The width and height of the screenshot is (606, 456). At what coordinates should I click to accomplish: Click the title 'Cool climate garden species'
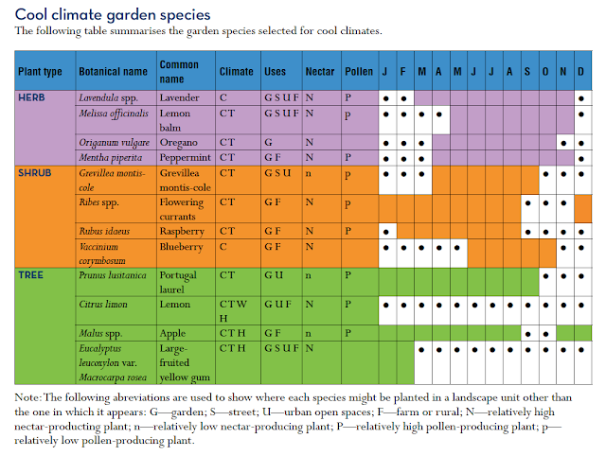pyautogui.click(x=113, y=15)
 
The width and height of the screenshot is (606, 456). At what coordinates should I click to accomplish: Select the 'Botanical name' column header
pyautogui.click(x=113, y=72)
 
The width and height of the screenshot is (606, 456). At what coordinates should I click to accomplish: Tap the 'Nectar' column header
pyautogui.click(x=320, y=72)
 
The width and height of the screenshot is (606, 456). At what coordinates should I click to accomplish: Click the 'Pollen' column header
pyautogui.click(x=358, y=72)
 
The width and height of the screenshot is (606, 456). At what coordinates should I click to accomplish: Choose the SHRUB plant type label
pyautogui.click(x=36, y=173)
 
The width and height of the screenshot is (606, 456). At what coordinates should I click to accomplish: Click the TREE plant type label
pyautogui.click(x=32, y=274)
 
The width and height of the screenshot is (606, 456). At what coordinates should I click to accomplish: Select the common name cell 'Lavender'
pyautogui.click(x=181, y=97)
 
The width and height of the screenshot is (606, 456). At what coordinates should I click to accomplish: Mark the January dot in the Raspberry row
pyautogui.click(x=386, y=231)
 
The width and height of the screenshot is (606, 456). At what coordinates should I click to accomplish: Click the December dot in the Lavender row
pyautogui.click(x=580, y=98)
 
